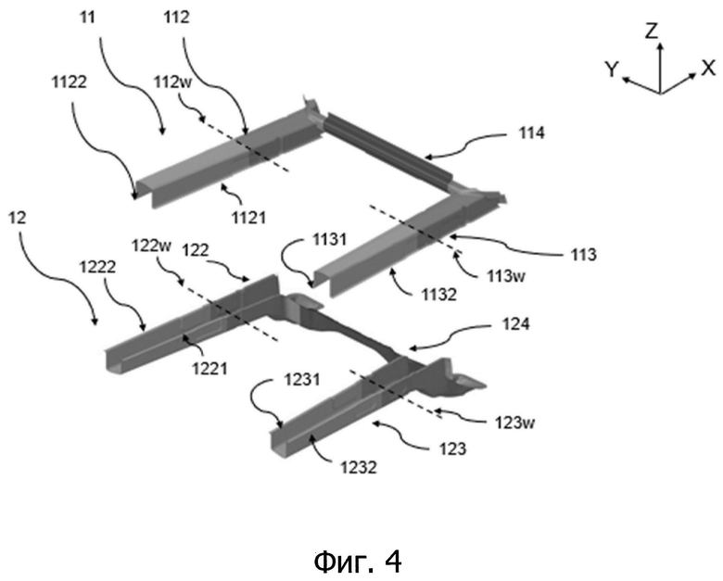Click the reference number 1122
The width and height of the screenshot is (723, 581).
[x=70, y=82]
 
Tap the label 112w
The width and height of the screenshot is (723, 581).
[x=172, y=82]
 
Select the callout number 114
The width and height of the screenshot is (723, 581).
[x=532, y=133]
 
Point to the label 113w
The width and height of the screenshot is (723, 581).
[x=506, y=276]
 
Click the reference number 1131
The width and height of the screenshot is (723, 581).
[x=329, y=240]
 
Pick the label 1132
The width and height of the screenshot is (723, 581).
[x=439, y=294]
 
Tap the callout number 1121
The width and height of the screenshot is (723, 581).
[x=248, y=217]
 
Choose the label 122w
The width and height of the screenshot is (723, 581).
[x=152, y=246]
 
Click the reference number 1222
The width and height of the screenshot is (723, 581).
[x=97, y=267]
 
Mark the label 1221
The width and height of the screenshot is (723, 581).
[x=209, y=369]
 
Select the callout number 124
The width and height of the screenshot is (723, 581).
[x=516, y=324]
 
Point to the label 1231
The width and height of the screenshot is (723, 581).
[x=302, y=380]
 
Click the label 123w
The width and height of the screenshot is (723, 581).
[x=514, y=423]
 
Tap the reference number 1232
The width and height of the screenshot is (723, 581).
[x=359, y=468]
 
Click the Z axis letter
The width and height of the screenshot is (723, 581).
[x=652, y=32]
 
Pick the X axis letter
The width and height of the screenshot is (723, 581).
[x=708, y=69]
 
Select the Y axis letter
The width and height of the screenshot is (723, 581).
[x=612, y=69]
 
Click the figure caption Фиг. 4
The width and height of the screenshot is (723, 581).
[x=358, y=562]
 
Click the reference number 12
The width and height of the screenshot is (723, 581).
[x=18, y=218]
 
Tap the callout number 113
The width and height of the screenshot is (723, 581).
[x=584, y=255]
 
